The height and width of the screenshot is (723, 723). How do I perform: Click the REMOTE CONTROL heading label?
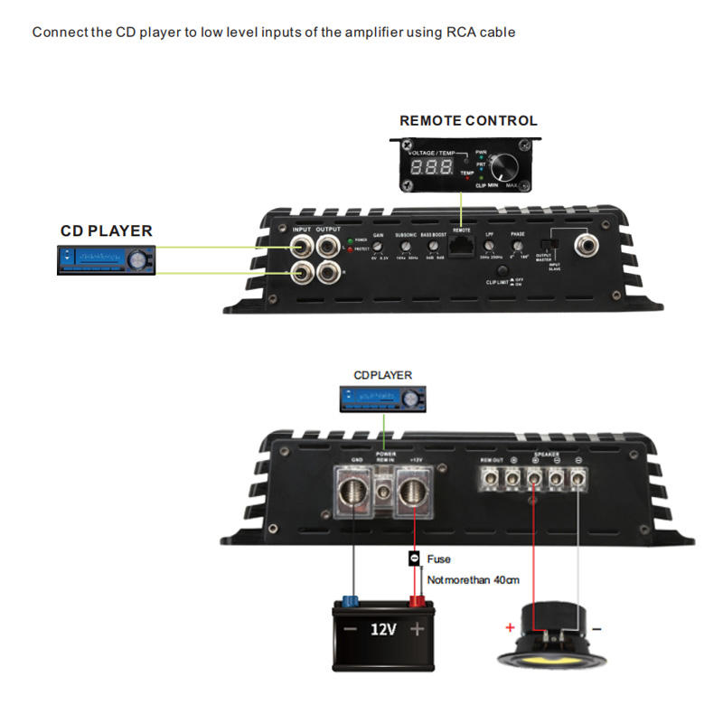click(x=468, y=120)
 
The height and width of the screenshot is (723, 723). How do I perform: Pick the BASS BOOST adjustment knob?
click(x=433, y=247)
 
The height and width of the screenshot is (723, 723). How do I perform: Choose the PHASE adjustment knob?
click(x=518, y=246)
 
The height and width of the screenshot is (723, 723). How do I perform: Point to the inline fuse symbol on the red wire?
click(x=415, y=559)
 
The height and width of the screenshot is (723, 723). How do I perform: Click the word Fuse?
click(x=438, y=559)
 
